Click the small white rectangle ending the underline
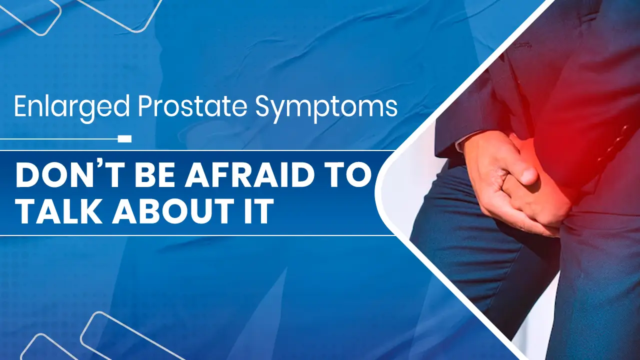tap(124, 138)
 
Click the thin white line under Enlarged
tap(65, 138)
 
